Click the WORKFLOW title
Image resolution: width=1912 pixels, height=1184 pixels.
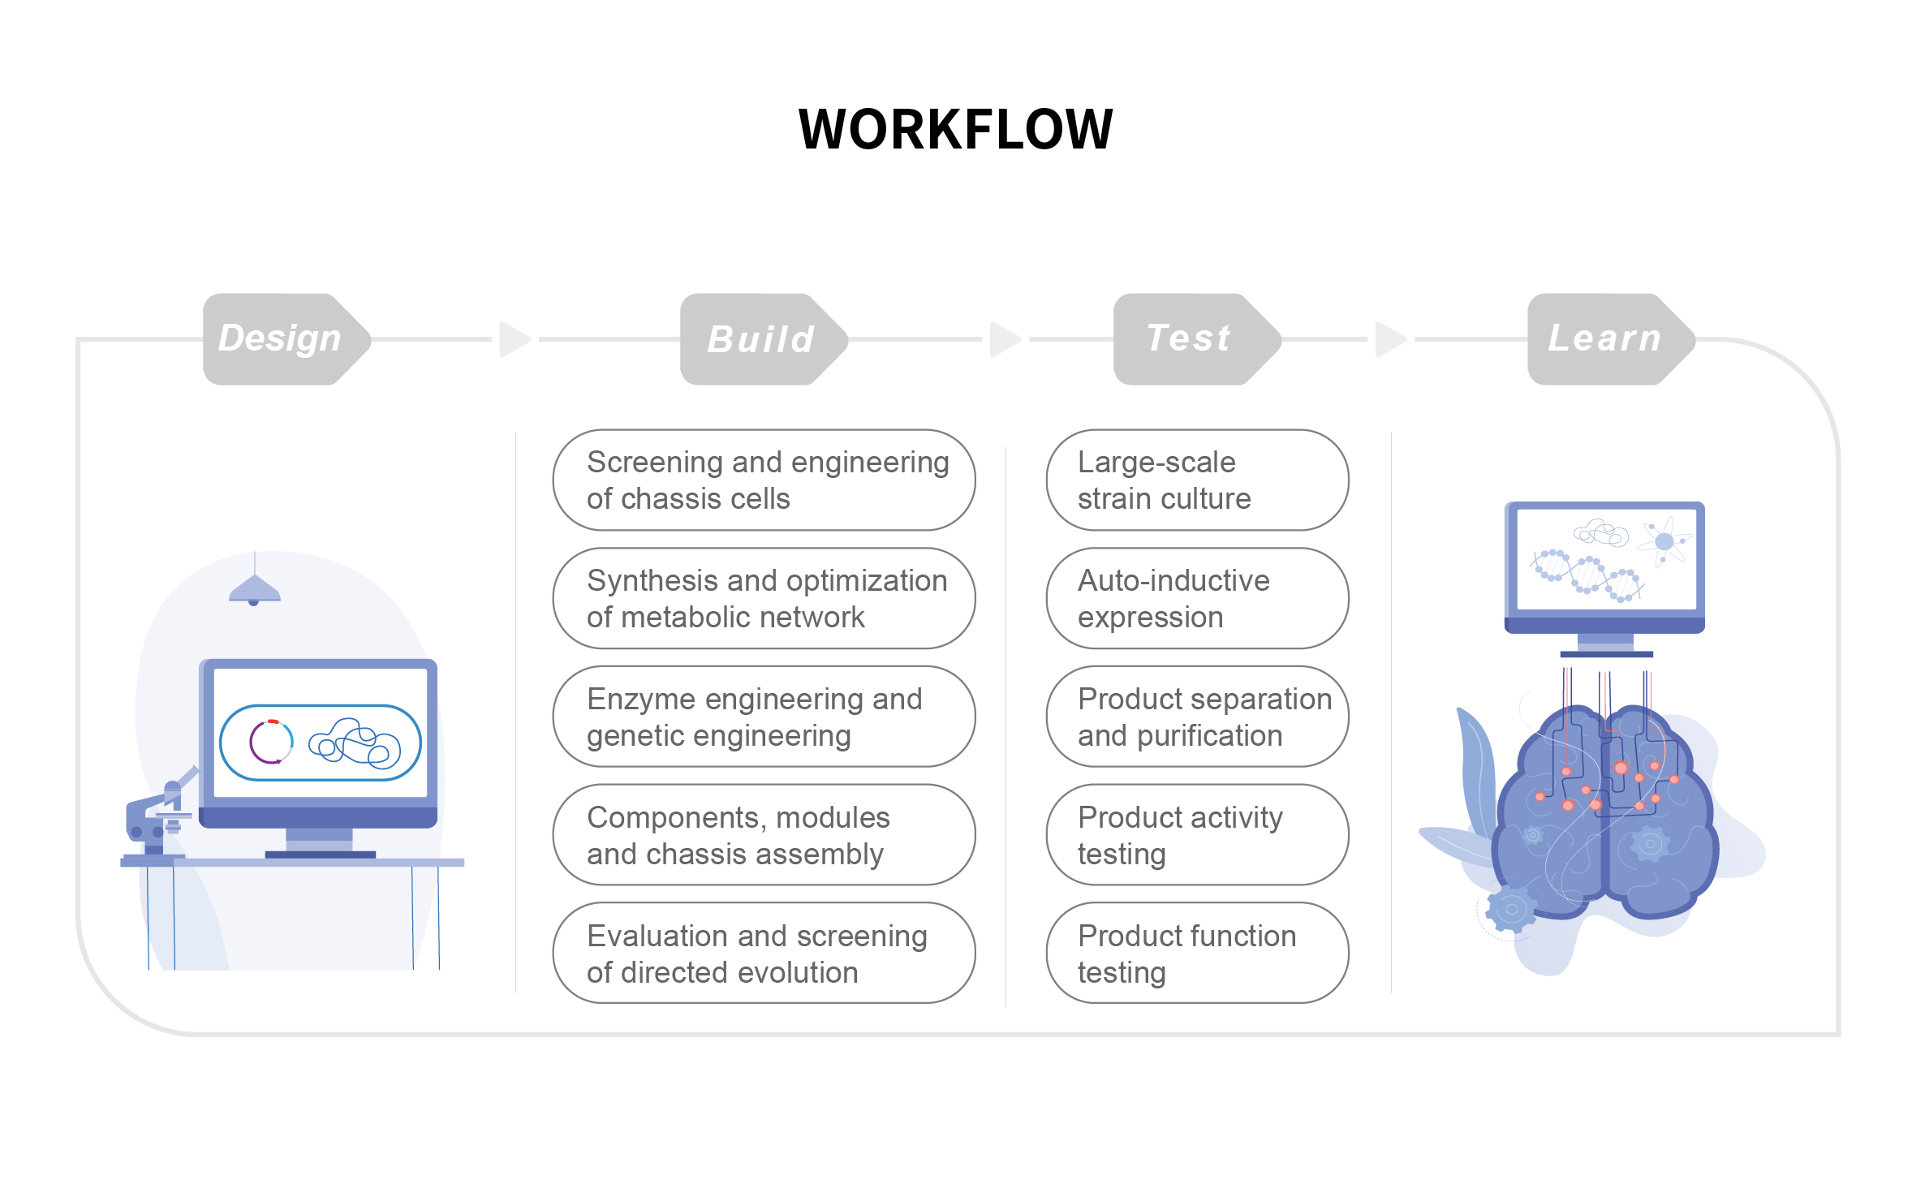pos(955,129)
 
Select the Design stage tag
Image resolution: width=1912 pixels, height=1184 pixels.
pos(286,339)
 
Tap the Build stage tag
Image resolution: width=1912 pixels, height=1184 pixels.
pos(764,339)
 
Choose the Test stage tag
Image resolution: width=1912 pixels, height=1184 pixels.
pos(1197,339)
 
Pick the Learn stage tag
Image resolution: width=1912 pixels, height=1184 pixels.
pos(1611,339)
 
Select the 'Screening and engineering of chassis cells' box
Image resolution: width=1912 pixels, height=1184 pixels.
pos(764,480)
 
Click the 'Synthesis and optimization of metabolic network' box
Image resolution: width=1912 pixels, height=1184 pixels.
pos(764,599)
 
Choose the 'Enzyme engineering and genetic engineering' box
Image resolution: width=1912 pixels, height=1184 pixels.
pos(764,717)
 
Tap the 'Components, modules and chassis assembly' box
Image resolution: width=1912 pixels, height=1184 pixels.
pos(764,835)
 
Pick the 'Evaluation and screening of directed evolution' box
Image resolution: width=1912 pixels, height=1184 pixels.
pos(764,954)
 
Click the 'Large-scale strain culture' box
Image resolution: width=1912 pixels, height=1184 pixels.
pos(1197,480)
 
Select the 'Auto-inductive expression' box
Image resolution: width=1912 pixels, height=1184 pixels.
pos(1197,599)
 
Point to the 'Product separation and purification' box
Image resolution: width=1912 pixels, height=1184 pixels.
pos(1197,717)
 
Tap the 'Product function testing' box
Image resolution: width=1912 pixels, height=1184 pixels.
pos(1197,954)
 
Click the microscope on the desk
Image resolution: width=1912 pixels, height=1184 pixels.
pos(158,816)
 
